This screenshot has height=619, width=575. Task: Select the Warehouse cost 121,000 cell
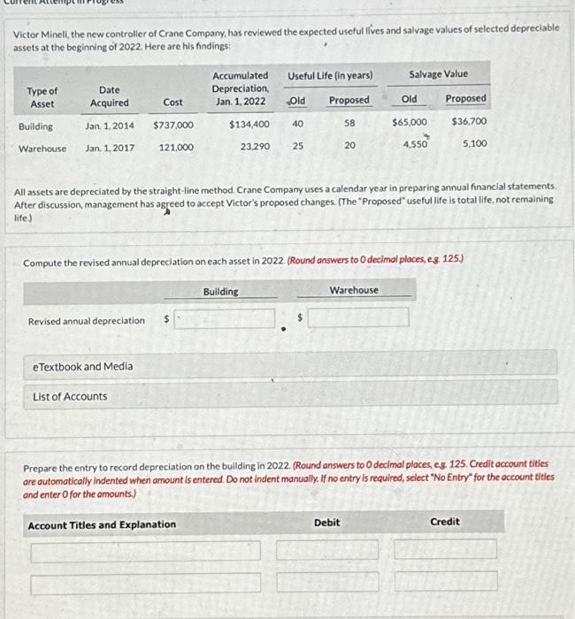(177, 148)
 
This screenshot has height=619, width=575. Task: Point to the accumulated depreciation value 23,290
(255, 148)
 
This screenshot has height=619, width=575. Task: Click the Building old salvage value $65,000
(410, 122)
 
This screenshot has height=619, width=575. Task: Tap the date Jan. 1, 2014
(110, 126)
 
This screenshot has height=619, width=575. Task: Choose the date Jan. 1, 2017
(110, 148)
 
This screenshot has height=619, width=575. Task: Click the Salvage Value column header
(438, 74)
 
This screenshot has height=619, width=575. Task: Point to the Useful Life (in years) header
(330, 75)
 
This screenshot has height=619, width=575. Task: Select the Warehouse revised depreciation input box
(357, 317)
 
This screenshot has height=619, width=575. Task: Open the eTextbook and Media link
(82, 366)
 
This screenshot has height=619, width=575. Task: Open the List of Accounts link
(70, 396)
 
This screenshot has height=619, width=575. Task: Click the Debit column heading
(326, 523)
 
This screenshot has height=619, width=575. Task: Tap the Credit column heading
(444, 522)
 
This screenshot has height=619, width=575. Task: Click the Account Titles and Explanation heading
(102, 525)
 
